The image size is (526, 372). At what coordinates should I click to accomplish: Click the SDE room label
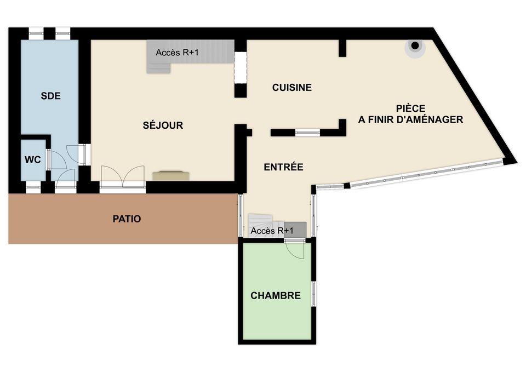click(50, 96)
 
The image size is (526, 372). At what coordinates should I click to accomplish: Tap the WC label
click(33, 159)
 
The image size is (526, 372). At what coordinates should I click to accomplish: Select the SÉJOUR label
click(163, 125)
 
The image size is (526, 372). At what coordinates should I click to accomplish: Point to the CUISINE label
click(292, 88)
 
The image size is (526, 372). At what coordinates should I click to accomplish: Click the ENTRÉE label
click(283, 167)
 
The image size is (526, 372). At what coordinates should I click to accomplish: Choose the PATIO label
click(127, 219)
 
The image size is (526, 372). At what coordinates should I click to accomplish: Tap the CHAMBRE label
click(276, 295)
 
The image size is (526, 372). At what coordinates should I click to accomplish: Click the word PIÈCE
click(410, 108)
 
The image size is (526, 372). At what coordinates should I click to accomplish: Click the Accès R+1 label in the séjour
click(177, 53)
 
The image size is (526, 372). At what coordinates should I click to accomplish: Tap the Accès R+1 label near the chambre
click(272, 231)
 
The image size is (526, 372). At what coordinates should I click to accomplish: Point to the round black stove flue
click(415, 45)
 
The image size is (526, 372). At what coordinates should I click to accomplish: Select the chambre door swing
click(295, 250)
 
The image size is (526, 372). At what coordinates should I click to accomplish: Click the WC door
click(57, 159)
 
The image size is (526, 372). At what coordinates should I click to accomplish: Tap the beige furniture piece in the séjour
click(171, 176)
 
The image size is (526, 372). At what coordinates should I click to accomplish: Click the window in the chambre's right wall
click(314, 294)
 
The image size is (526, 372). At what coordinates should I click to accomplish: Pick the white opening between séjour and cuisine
click(240, 67)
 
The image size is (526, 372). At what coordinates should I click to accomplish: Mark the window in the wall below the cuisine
click(307, 133)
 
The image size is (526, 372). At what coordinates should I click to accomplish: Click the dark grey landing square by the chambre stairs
click(295, 230)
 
